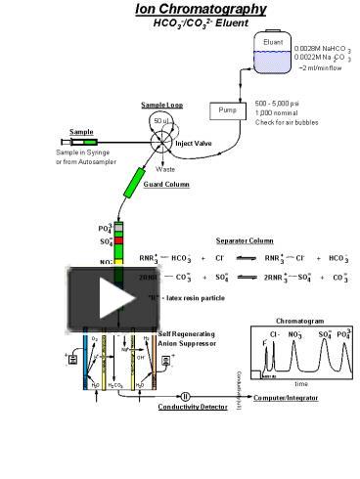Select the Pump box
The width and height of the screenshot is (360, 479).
coord(227,109)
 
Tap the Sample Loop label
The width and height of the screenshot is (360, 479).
coord(161,105)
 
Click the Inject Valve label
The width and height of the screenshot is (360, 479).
coord(194,143)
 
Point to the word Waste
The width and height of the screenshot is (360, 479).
coord(165,168)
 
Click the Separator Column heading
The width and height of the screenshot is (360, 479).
coord(245,239)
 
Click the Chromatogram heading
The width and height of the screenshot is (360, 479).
coord(298,320)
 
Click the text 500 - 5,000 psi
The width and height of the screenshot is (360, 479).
coord(277,103)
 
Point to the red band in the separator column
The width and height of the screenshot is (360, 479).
coord(119,239)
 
